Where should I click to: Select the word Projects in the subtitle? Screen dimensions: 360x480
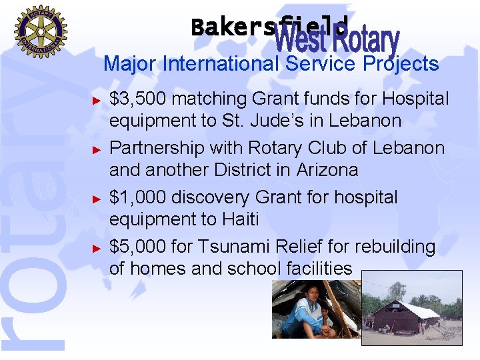[401, 64]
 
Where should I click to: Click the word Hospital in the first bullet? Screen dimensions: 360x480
[415, 99]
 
